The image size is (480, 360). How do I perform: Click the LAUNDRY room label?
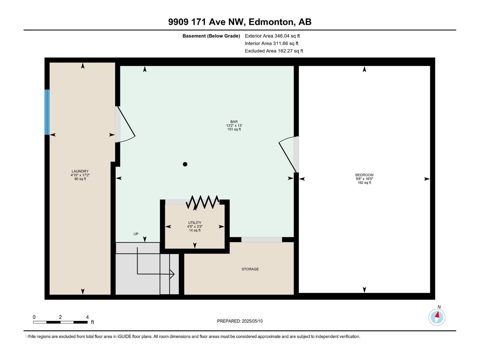pos(80,172)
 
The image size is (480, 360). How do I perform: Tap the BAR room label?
pos(234,122)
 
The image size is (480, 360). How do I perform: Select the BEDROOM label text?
pos(364,175)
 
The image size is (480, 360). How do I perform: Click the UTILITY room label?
pos(195,223)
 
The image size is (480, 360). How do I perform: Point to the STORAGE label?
pos(250,269)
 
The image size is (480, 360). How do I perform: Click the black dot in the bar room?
pos(185,164)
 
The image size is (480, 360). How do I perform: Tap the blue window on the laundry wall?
pos(47,112)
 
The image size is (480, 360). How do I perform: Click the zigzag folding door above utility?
pos(203,202)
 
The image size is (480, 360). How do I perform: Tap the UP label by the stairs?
pos(136,234)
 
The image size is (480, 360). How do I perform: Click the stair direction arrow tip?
pos(174,274)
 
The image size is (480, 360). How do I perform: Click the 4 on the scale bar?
pos(87,317)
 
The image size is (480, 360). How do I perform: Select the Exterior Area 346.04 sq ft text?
pos(272,36)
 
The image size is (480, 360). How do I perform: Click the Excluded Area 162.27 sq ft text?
pos(274,51)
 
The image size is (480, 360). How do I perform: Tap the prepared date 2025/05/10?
pos(252,321)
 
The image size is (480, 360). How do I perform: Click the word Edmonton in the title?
pos(271,22)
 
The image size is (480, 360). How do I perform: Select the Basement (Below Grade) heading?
pos(211,36)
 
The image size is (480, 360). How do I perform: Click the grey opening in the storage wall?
pos(262,240)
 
